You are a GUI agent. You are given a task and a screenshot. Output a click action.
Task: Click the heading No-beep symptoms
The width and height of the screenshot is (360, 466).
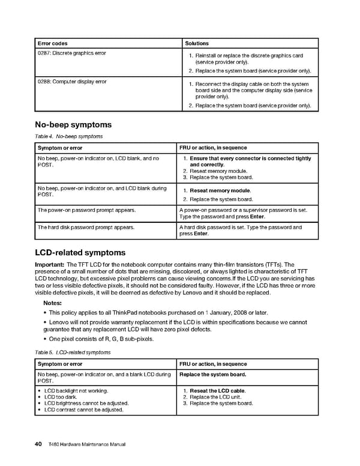pyautogui.click(x=74, y=125)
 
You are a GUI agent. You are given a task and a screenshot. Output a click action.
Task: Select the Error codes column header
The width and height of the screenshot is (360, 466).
pyautogui.click(x=53, y=43)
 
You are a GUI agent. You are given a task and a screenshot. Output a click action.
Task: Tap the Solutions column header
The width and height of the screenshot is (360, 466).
pyautogui.click(x=197, y=43)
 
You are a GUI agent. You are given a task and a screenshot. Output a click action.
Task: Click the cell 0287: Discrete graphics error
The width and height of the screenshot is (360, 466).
pyautogui.click(x=72, y=53)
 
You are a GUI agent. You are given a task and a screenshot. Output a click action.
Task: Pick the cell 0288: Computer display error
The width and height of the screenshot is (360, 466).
pyautogui.click(x=72, y=82)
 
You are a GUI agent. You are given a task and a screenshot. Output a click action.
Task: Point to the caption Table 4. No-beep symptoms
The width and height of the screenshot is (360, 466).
pyautogui.click(x=69, y=137)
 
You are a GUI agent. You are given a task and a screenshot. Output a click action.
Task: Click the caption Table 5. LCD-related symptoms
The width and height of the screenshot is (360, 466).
pyautogui.click(x=73, y=353)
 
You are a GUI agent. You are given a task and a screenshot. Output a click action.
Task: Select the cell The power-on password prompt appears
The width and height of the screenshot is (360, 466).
pyautogui.click(x=87, y=210)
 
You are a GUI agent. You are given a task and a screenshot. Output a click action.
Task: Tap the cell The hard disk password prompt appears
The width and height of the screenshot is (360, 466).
pyautogui.click(x=86, y=228)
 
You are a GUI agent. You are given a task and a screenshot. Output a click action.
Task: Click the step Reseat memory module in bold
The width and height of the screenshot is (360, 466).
pyautogui.click(x=220, y=191)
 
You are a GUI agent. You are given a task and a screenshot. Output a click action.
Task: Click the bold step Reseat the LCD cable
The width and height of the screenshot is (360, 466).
pyautogui.click(x=218, y=391)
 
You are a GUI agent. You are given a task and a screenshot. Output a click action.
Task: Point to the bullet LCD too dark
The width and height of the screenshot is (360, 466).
pyautogui.click(x=61, y=398)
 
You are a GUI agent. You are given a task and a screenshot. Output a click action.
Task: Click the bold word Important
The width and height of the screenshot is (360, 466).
pyautogui.click(x=50, y=265)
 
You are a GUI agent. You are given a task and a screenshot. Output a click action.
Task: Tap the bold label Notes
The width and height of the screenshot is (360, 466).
pyautogui.click(x=52, y=303)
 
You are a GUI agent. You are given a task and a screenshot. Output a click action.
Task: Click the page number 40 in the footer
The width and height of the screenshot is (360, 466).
pyautogui.click(x=37, y=444)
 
